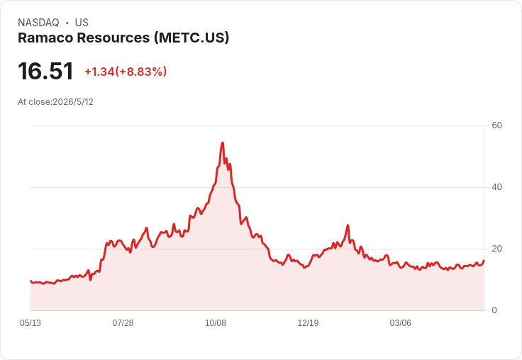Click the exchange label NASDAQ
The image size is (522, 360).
[38, 23]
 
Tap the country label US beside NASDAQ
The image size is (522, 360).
[82, 23]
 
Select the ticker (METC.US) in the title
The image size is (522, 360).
[191, 38]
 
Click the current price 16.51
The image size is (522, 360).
[45, 71]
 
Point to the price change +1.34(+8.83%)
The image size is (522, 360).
[126, 72]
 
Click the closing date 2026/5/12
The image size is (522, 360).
[73, 102]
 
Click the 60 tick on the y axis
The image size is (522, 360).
[496, 125]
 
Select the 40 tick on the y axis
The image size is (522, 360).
[496, 187]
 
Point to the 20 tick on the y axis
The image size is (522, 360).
[496, 249]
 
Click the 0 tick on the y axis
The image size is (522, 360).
[494, 310]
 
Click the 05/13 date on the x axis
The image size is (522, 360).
[30, 322]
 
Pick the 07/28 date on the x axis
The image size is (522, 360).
[123, 322]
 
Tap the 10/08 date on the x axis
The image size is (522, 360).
[216, 322]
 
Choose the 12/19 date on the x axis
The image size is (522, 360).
[308, 322]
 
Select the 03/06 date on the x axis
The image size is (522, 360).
[401, 322]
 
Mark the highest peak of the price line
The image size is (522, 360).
[223, 142]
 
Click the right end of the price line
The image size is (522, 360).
[484, 261]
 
